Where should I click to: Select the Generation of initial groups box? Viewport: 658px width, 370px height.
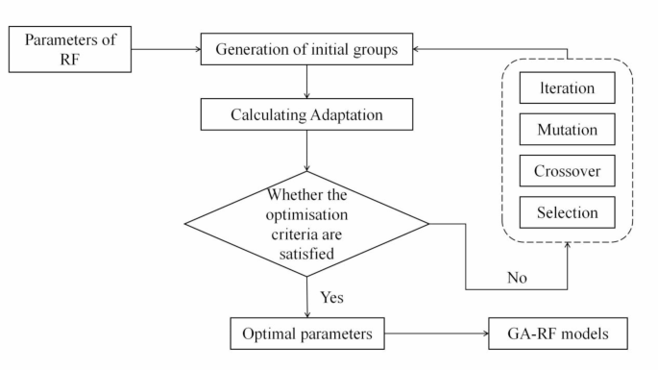(x=305, y=50)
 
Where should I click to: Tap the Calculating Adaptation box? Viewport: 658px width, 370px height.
(x=305, y=114)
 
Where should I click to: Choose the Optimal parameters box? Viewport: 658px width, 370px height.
(x=305, y=333)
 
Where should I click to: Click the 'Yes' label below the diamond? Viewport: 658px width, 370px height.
(x=332, y=296)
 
